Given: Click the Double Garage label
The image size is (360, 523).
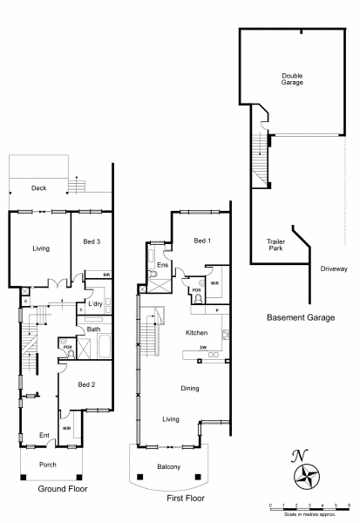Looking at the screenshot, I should (292, 79).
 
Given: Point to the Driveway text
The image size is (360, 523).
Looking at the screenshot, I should (334, 268).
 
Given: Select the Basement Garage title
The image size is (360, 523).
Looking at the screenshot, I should (301, 318).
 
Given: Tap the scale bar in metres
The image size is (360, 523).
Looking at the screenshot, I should (309, 507).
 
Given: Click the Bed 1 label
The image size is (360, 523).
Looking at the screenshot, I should (202, 241).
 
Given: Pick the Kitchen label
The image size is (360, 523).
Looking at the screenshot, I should (197, 333).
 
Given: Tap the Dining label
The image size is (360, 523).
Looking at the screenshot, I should (190, 388).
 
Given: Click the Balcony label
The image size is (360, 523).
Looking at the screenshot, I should (169, 466).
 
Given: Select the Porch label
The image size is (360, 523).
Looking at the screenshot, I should (48, 465).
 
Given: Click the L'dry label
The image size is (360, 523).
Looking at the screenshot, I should (94, 304).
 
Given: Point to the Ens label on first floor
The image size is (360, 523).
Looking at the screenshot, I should (163, 264).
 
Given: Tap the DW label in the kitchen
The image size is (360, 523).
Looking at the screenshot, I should (202, 348).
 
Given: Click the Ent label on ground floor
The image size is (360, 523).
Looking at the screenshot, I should (44, 433).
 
